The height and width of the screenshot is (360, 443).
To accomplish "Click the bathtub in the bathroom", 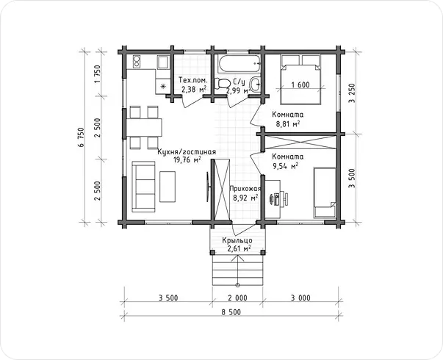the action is [x=239, y=63].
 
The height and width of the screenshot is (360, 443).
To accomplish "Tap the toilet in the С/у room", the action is [x=222, y=84].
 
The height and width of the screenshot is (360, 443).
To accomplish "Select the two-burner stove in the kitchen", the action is [x=137, y=61].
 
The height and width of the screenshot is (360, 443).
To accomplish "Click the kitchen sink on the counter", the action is [x=163, y=62].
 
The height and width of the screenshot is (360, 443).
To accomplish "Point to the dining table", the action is [x=144, y=127].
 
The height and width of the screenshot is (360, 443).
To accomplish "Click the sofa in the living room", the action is [x=143, y=187].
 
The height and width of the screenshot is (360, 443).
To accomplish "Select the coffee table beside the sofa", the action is [x=168, y=187].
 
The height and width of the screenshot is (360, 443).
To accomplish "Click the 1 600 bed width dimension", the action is [x=300, y=84].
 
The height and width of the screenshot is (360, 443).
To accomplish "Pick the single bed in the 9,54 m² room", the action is [x=325, y=192].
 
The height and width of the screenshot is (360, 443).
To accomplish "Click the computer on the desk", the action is [x=278, y=198].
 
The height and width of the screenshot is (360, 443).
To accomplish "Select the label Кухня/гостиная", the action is [x=187, y=152].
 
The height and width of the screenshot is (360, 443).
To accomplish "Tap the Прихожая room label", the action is [x=245, y=189].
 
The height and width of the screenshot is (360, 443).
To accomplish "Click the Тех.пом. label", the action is [x=193, y=80].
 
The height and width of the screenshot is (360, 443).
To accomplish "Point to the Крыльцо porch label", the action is [x=237, y=240].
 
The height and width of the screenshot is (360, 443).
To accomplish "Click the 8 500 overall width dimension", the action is [x=231, y=312].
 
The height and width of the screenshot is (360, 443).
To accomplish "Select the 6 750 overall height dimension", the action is [x=82, y=137].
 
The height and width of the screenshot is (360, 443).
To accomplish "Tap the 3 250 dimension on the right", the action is [x=352, y=93].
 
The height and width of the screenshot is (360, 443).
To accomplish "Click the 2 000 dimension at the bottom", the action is [x=237, y=298].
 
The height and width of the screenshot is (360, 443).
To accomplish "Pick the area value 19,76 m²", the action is [x=187, y=160].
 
